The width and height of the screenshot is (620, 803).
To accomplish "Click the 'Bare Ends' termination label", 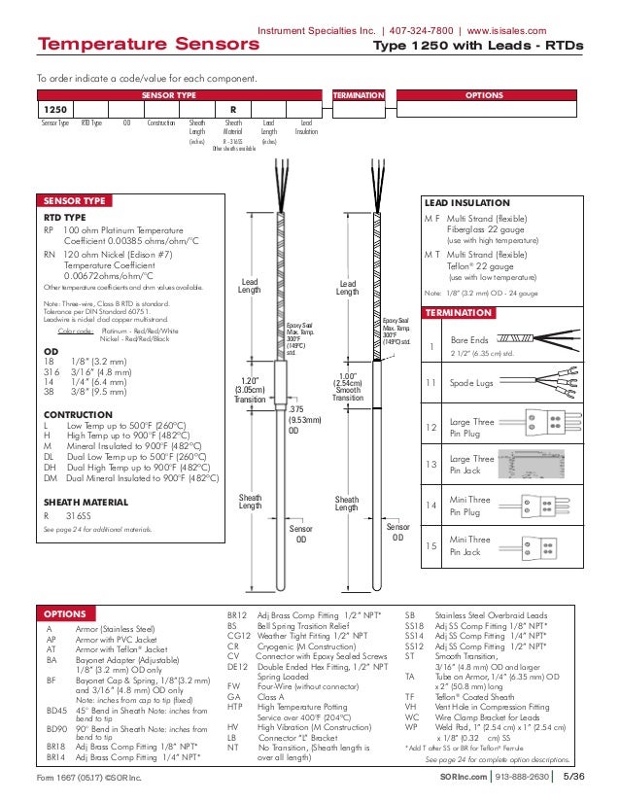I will coord(468,341).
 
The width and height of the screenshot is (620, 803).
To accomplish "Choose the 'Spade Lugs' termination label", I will coord(470,384).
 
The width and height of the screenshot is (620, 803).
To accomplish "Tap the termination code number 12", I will coord(431,427).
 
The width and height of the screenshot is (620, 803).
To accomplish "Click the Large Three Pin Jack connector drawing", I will coord(539,465).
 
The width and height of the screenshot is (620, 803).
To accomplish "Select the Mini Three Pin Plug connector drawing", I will coord(537,506).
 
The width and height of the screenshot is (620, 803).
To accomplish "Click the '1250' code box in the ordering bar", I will coord(55,110).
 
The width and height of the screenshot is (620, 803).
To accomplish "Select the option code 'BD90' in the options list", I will coord(56,727).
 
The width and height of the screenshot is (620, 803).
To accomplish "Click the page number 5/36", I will coord(574,778).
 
